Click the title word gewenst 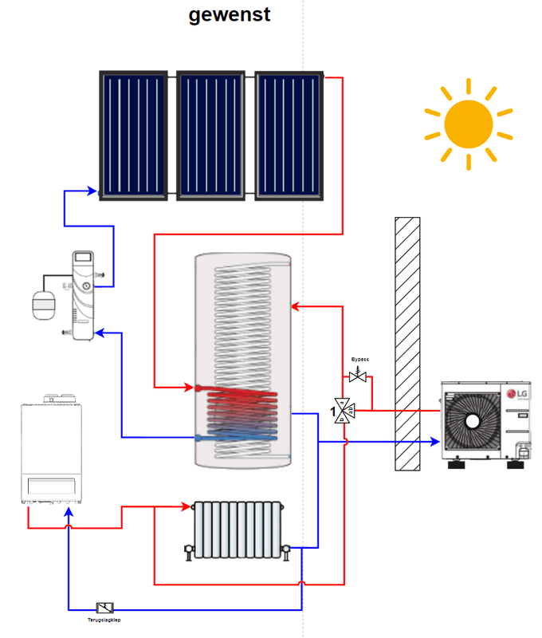[x=229, y=14]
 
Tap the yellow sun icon [x=468, y=124]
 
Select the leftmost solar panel [x=133, y=136]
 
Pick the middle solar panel [x=211, y=136]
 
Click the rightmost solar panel [x=289, y=136]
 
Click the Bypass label [x=360, y=360]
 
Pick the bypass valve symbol [x=358, y=376]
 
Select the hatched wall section [x=407, y=343]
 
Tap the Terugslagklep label [x=104, y=619]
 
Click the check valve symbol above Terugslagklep [x=104, y=608]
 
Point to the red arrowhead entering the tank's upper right [x=296, y=306]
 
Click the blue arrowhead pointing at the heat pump [x=434, y=441]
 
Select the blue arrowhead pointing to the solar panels [x=93, y=192]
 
